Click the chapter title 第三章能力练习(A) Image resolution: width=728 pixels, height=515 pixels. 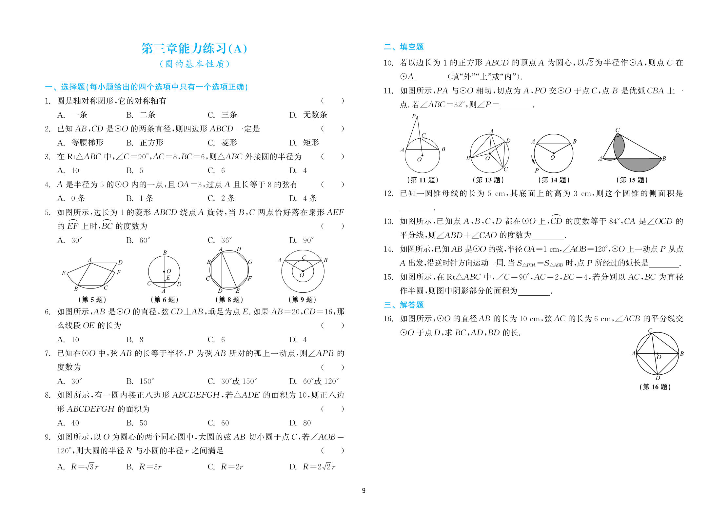(194, 49)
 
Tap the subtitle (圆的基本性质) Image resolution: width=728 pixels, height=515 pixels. (194, 64)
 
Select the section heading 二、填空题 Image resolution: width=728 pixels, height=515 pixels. (403, 47)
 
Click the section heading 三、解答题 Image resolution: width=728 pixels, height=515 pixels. (403, 305)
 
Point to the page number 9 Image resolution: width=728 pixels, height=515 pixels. (364, 490)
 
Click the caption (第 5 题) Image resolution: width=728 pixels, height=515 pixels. (92, 299)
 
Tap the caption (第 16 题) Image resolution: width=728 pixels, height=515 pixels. (655, 387)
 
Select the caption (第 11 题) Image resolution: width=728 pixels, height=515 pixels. (423, 180)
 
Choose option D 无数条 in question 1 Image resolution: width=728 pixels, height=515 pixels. (308, 115)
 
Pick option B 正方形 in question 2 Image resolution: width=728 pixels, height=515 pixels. (145, 143)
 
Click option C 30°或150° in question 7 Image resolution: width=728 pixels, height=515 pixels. (232, 381)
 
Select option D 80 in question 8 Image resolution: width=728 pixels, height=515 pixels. (300, 423)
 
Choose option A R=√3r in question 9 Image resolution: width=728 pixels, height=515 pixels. (78, 467)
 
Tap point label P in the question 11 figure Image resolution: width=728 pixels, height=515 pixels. (413, 116)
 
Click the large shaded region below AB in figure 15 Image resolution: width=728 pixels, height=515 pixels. (639, 165)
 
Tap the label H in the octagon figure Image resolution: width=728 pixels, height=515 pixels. (239, 249)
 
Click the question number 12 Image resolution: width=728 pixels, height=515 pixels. (388, 193)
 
